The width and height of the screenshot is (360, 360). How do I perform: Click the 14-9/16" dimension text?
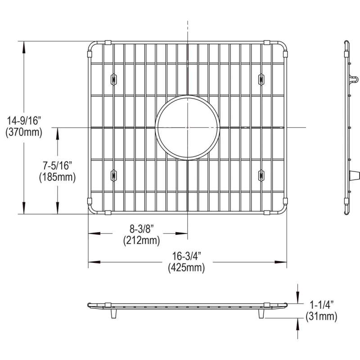pos(24,121)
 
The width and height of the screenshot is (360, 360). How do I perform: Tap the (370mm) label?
pos(24,132)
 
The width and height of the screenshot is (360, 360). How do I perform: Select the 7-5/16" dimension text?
pos(58,165)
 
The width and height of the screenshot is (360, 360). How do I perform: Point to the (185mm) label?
pos(58,177)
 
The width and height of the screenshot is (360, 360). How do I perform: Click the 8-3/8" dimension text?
pos(142,229)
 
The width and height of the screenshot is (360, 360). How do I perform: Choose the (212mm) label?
pos(142,240)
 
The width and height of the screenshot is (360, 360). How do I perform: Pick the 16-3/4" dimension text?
pos(187,256)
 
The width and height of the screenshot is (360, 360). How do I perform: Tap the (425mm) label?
pos(186,268)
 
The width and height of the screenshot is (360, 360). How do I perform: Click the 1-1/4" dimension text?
pos(321,305)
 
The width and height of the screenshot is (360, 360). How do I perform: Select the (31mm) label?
pos(321,317)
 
